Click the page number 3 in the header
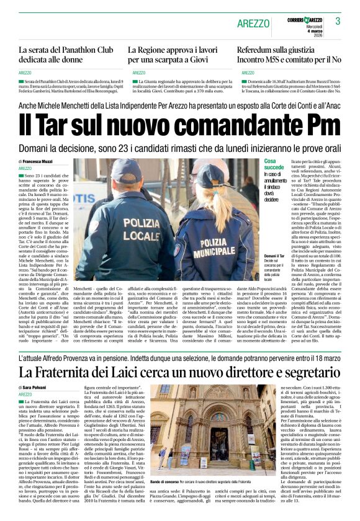[338, 21]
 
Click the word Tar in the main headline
[58, 127]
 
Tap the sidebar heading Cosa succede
[274, 164]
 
